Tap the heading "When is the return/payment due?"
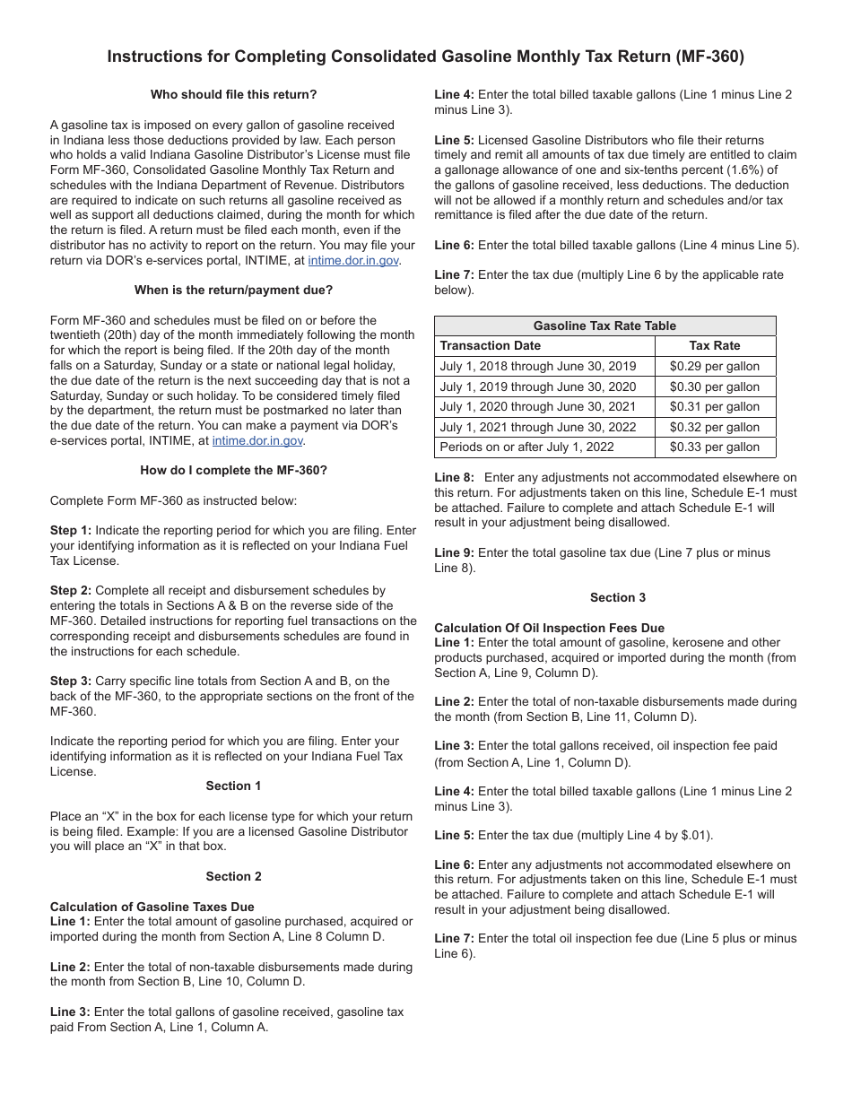click(233, 290)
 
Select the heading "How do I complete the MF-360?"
click(233, 470)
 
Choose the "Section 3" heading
click(618, 597)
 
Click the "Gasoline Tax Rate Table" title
click(604, 326)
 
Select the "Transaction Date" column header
click(491, 345)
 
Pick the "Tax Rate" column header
click(715, 345)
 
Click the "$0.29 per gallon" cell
click(715, 366)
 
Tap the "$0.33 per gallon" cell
click(715, 447)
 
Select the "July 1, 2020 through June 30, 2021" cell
click(538, 406)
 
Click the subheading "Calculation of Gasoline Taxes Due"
click(152, 907)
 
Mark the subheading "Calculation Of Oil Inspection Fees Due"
click(549, 628)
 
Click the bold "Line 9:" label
click(454, 552)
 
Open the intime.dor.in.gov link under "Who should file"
click(353, 260)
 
